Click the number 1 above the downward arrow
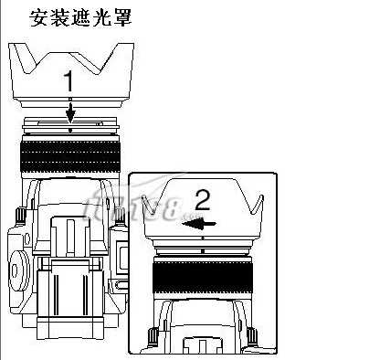(69, 81)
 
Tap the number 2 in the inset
(203, 198)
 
